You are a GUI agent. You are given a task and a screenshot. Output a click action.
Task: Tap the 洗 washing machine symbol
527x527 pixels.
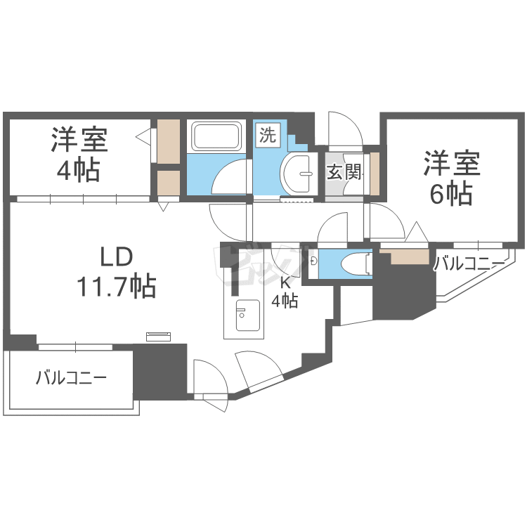tap(268, 135)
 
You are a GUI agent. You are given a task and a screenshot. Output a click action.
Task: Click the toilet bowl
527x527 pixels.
tap(354, 263)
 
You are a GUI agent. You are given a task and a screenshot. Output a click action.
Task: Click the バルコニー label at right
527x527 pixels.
tap(469, 264)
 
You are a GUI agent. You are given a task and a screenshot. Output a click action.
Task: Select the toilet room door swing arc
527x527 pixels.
tap(333, 228)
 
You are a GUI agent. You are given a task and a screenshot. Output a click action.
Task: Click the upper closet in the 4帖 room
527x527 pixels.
tap(168, 141)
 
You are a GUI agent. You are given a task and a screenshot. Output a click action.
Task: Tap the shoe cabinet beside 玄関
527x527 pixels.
tap(375, 172)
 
